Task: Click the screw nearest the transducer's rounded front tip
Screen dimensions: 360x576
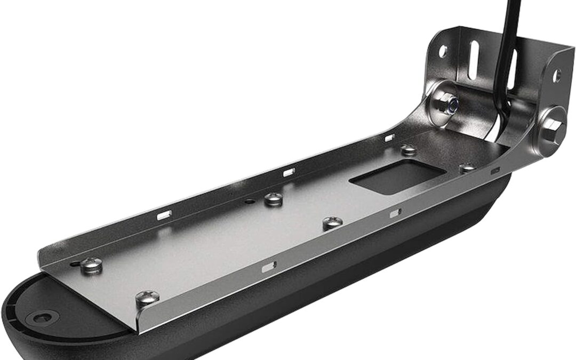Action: click(92, 264)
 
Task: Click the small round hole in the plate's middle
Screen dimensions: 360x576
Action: click(250, 203)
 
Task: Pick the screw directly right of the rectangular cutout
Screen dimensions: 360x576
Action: click(467, 167)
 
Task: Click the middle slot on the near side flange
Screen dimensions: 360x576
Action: click(395, 213)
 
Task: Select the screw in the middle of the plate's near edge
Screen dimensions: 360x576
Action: click(332, 223)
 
